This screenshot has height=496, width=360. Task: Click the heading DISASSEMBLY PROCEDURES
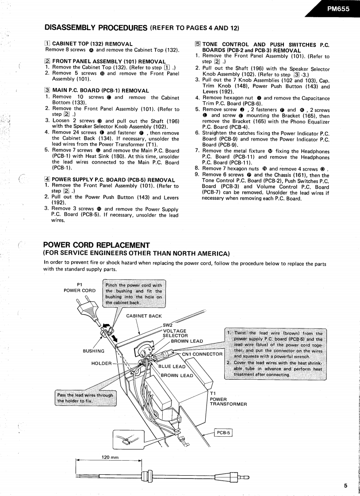[96, 28]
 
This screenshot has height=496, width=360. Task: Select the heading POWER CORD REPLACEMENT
[96, 245]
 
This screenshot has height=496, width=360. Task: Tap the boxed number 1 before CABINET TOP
[48, 44]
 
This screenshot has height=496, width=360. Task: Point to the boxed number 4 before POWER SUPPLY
[47, 179]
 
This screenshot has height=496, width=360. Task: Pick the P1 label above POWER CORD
[80, 284]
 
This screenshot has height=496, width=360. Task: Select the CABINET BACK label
[144, 316]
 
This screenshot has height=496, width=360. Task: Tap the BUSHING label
[94, 351]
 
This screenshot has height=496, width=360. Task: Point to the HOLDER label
[101, 363]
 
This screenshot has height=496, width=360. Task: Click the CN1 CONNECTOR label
[202, 354]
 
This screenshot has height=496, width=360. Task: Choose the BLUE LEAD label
[172, 366]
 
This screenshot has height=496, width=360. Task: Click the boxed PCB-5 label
[223, 433]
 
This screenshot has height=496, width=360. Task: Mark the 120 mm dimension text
[110, 457]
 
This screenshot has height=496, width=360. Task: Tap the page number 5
[345, 485]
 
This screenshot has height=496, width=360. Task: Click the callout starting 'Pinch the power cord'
[134, 294]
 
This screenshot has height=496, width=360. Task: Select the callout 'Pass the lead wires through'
[85, 398]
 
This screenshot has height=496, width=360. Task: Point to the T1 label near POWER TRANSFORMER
[213, 393]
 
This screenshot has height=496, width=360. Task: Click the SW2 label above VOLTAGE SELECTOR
[167, 325]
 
